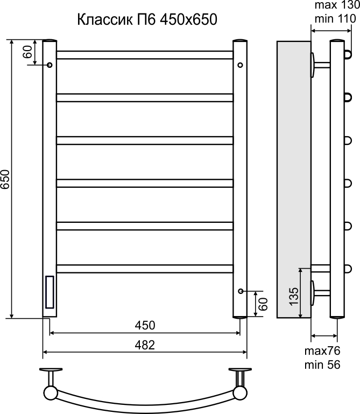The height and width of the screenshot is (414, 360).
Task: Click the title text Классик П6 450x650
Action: [147, 19]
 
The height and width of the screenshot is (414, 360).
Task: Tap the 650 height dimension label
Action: [5, 179]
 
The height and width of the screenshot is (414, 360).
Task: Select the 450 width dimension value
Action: [145, 325]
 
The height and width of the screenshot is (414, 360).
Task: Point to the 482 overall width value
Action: [145, 345]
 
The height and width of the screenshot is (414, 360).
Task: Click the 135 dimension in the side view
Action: [294, 297]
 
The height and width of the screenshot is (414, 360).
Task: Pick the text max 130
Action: [337, 5]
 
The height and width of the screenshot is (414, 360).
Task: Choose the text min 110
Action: [335, 19]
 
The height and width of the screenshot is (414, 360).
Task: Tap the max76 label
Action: [322, 351]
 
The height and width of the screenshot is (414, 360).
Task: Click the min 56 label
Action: [322, 364]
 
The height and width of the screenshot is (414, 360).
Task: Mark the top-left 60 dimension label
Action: [27, 52]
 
